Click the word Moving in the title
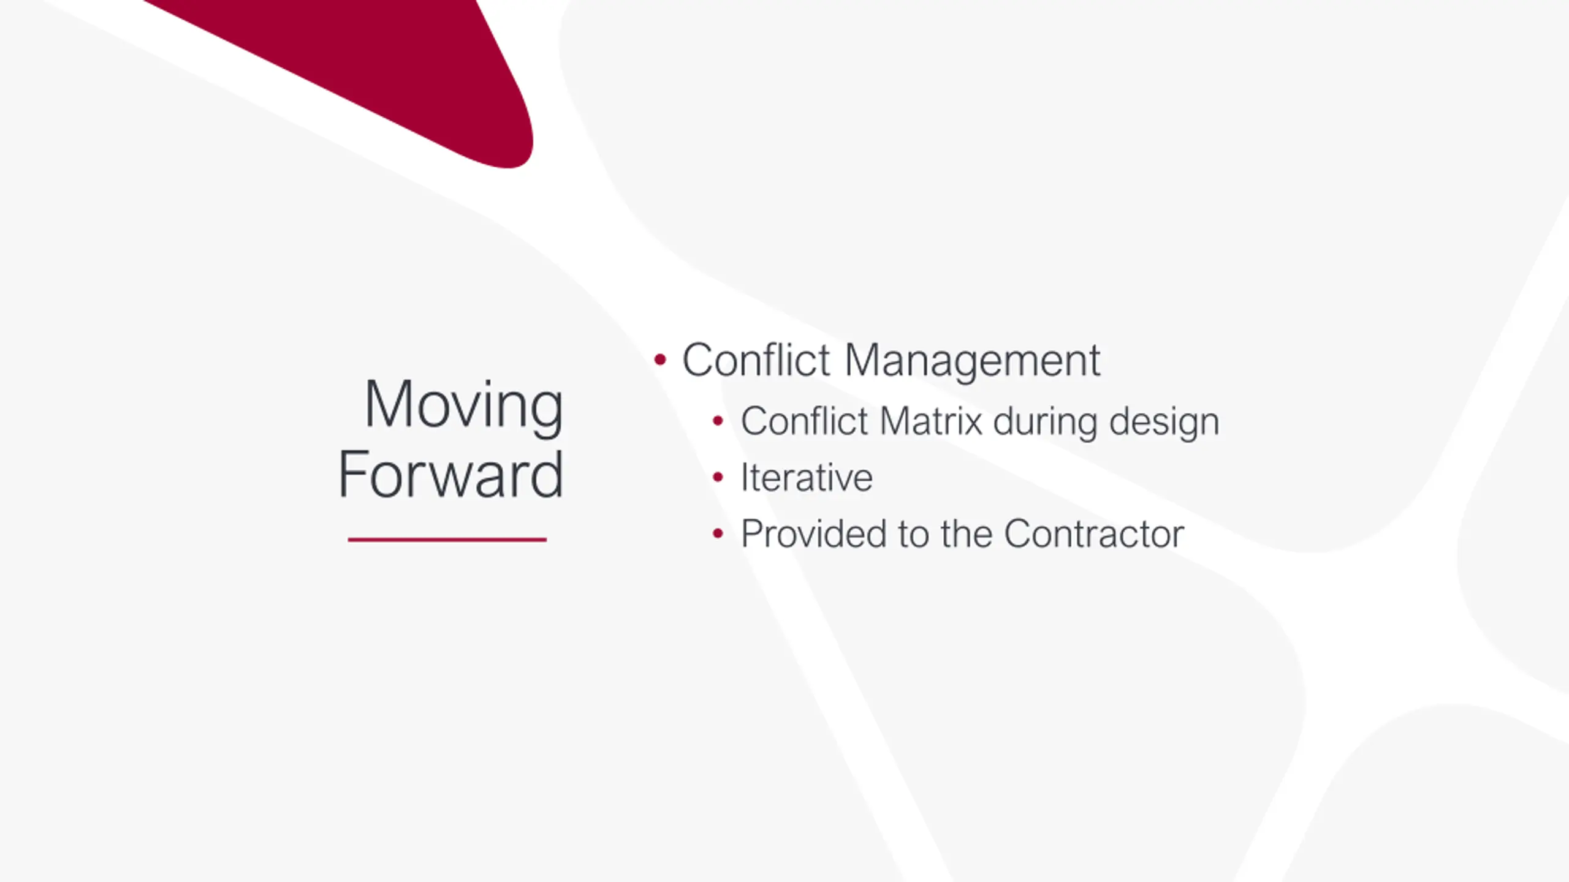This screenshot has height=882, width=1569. [x=464, y=407]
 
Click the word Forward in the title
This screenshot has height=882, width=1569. [x=450, y=474]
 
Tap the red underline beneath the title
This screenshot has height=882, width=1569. [x=447, y=540]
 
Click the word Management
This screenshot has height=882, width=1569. [x=973, y=361]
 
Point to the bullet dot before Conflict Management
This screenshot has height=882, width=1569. [x=659, y=360]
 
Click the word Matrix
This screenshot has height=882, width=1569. [x=932, y=421]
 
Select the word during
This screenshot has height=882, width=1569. [x=1045, y=421]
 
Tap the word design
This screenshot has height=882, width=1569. [x=1164, y=423]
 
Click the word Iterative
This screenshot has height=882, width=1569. [x=807, y=478]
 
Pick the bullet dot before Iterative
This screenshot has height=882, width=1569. [x=718, y=477]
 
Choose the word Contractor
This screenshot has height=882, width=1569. [x=1094, y=534]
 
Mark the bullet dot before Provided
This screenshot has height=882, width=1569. [x=718, y=533]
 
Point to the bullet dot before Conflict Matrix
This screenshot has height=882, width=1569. [x=718, y=421]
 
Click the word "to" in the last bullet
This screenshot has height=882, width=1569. [x=914, y=535]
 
